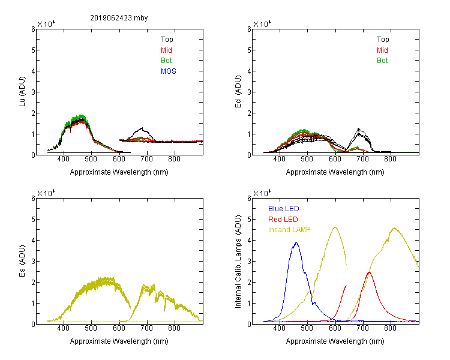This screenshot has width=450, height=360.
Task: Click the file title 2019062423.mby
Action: point(119,18)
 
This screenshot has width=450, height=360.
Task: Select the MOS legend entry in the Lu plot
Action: point(169,71)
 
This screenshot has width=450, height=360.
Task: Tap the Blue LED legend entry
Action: point(284,209)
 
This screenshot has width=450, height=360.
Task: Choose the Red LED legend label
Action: point(283,220)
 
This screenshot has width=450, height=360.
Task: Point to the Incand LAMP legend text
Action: point(289,230)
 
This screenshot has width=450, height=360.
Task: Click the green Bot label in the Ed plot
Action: point(382,61)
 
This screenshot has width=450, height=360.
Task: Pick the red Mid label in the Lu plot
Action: point(166,50)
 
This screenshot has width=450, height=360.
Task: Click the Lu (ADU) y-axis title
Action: point(22,92)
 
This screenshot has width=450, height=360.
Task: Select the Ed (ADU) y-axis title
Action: point(238,92)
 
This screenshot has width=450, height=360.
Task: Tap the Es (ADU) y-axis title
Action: point(22,261)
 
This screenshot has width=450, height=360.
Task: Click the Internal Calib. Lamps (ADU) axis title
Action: point(238,262)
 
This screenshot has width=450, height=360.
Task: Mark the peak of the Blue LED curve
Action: point(296,242)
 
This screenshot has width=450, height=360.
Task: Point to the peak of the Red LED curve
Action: point(369,272)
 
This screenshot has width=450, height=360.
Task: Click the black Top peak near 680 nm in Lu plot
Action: point(142,128)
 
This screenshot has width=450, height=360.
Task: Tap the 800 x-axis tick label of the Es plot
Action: point(174,328)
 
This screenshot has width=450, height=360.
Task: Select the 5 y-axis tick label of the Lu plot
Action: point(33,50)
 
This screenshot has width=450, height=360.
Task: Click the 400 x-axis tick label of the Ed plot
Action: point(279,159)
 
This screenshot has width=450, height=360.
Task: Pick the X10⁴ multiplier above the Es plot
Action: point(46,193)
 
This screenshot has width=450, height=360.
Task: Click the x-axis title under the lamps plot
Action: point(335,341)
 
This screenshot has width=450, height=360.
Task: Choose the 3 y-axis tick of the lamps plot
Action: point(249,262)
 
